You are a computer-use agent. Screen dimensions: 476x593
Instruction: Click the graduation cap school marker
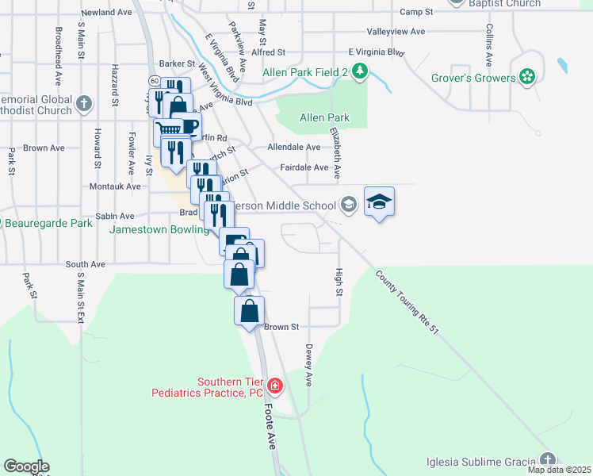(380, 202)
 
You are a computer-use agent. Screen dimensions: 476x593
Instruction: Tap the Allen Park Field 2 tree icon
(361, 71)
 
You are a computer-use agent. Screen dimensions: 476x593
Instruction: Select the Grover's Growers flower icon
(527, 77)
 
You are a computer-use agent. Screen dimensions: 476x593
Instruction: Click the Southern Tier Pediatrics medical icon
(274, 386)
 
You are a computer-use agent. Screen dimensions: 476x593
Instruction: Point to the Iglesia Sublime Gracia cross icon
(547, 460)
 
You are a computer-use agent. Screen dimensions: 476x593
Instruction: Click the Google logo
(26, 466)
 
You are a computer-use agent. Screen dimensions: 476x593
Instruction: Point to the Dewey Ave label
(309, 365)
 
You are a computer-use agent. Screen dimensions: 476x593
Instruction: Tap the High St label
(339, 282)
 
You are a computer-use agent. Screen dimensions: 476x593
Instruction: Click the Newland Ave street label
(105, 13)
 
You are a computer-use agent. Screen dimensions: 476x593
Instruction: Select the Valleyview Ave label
(397, 32)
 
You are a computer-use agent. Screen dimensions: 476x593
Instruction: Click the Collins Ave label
(490, 46)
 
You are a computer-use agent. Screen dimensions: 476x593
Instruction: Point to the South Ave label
(86, 264)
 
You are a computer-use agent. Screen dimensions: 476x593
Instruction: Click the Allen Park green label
(324, 118)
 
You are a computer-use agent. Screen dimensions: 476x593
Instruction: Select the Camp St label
(416, 12)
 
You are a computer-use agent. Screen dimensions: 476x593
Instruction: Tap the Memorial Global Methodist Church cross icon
(84, 103)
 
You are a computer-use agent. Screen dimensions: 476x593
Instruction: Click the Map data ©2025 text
(558, 470)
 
